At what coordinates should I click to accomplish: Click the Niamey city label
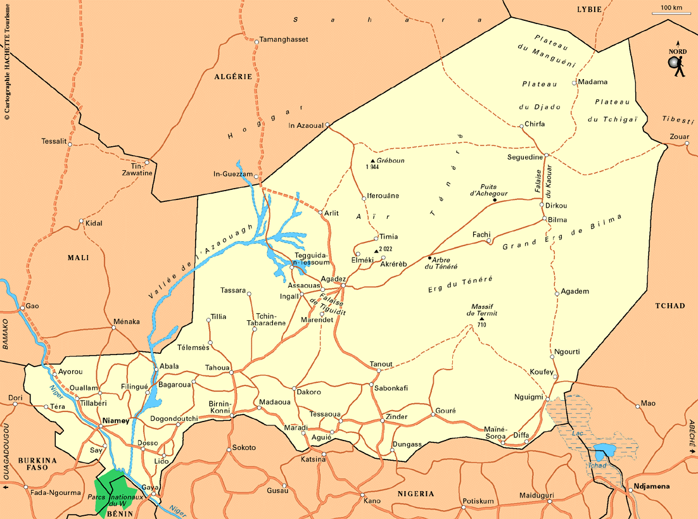point(116,420)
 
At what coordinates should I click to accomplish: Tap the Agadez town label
point(333,279)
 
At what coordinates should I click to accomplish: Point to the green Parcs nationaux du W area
point(113,491)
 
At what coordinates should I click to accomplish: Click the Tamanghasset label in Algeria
point(284,39)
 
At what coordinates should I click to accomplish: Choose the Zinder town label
point(397,416)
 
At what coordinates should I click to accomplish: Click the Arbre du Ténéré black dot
point(429,258)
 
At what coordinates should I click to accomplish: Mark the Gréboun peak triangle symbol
point(373,161)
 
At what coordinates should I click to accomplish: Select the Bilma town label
point(557,220)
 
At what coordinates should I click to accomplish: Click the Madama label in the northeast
point(593,82)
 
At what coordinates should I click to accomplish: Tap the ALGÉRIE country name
point(233,77)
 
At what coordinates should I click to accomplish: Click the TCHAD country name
point(670,306)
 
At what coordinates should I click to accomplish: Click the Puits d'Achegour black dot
point(495,200)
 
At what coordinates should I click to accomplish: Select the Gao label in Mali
point(32,306)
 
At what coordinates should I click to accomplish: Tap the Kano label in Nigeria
point(372,501)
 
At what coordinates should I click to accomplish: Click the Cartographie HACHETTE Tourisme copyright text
point(7,60)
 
